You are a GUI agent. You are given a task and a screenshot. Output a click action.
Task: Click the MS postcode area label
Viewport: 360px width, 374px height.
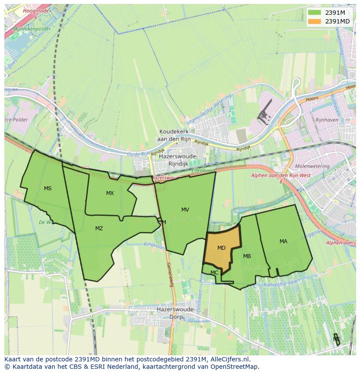click(48, 188)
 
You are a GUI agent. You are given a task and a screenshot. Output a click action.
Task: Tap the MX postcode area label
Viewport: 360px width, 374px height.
click(110, 193)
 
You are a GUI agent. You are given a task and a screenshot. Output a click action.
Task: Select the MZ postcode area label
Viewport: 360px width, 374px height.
click(99, 228)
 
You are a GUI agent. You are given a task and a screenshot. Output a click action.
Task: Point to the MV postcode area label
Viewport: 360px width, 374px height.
click(185, 210)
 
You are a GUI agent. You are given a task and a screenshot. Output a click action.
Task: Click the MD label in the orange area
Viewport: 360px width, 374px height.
click(221, 248)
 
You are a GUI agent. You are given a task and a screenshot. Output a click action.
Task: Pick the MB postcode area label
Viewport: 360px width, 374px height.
click(247, 256)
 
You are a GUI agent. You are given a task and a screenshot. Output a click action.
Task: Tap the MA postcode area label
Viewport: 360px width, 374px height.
click(283, 242)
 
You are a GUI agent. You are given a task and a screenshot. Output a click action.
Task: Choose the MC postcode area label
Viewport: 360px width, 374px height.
click(214, 273)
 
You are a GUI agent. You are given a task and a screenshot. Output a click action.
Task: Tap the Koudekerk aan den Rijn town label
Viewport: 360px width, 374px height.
click(178, 135)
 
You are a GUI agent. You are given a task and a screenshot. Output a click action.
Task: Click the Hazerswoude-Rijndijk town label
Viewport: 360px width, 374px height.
click(179, 160)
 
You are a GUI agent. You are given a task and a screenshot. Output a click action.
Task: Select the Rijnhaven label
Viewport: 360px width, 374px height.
click(327, 119)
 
